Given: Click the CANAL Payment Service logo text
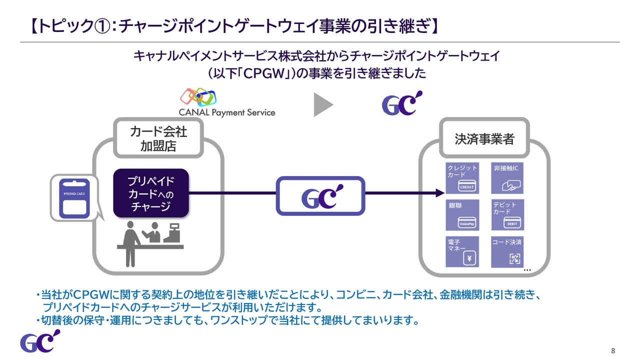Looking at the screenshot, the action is click(227, 112).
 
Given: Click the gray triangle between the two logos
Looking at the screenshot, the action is click(323, 104).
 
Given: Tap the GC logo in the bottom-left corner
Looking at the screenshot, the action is click(40, 341).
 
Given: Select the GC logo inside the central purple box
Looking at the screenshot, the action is click(322, 196).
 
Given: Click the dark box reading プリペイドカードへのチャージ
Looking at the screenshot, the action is click(151, 193).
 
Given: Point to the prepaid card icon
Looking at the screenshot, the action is click(74, 198).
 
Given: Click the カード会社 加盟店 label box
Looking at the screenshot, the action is click(158, 138).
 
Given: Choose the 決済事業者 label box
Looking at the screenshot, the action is click(484, 138).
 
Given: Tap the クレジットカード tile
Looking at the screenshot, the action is click(462, 178).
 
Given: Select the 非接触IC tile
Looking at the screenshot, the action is click(507, 178).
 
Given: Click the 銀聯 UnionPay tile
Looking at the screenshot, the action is click(462, 215).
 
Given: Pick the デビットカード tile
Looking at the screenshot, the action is click(507, 215).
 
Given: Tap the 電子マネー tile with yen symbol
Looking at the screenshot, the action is click(462, 251).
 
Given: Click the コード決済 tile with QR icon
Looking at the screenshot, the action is click(507, 251).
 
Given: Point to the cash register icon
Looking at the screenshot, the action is click(172, 233).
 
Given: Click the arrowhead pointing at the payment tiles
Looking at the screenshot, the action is click(440, 193).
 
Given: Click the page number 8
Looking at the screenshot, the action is click(613, 350).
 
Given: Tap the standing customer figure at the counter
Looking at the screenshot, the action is click(130, 244).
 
